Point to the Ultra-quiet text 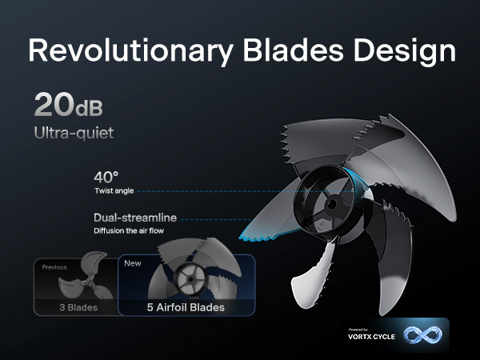[x=74, y=133]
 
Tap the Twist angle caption [x=112, y=192]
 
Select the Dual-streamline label [x=134, y=217]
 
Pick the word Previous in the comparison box [x=54, y=267]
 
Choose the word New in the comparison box [x=132, y=262]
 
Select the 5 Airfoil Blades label [x=186, y=306]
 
